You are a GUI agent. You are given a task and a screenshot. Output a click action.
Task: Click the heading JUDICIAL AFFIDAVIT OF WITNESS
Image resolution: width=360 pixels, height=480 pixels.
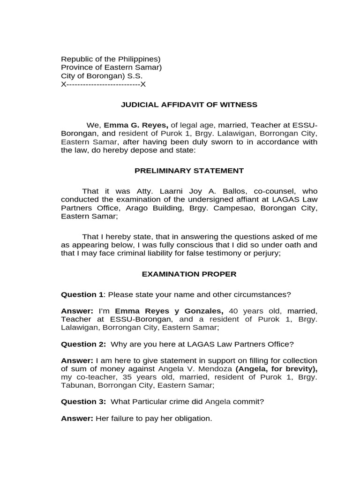(189, 105)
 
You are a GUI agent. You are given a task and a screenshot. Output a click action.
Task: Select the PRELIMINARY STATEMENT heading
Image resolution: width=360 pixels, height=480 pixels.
(189, 171)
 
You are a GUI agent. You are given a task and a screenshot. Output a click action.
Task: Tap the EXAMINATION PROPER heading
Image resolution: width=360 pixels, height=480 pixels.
(189, 274)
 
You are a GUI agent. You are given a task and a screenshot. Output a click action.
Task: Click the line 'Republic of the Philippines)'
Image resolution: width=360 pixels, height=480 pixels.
(111, 59)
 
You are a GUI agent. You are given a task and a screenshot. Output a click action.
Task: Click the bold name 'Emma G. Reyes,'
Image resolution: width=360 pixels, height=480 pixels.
(135, 125)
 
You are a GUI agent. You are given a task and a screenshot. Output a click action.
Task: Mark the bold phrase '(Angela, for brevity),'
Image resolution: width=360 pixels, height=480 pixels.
(276, 368)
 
